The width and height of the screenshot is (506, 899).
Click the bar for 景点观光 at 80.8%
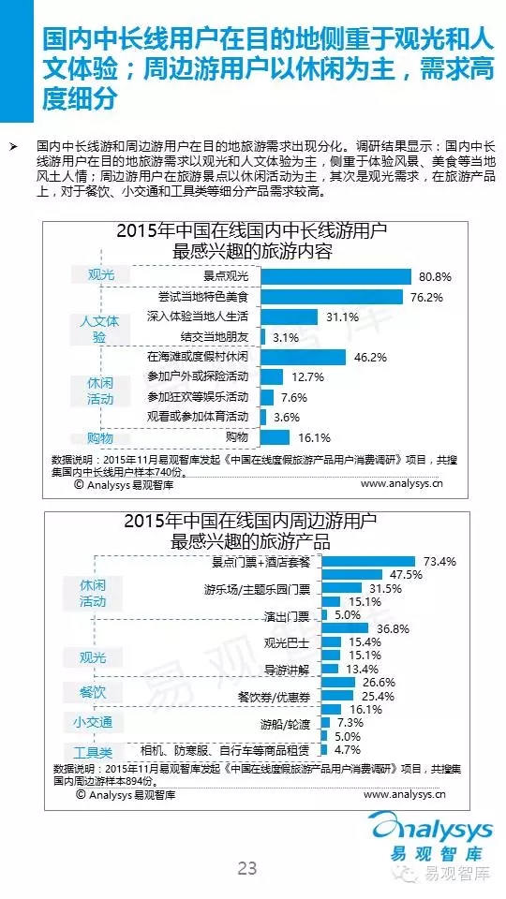coord(336,276)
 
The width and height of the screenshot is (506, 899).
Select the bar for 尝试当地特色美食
coord(332,297)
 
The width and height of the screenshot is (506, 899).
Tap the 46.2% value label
coord(371,357)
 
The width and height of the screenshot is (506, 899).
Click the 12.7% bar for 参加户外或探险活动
coord(272,376)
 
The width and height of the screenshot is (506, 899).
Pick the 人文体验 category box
coord(99,329)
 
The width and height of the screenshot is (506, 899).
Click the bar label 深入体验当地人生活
coord(198,317)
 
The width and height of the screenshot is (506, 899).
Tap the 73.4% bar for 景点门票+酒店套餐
coord(367,561)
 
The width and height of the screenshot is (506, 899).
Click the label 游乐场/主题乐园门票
coord(257,589)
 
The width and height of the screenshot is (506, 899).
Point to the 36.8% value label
coord(393,629)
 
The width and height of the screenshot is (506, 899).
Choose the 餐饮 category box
coord(93,691)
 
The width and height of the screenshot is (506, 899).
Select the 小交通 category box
coord(93,722)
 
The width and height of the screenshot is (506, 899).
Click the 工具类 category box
coord(93,752)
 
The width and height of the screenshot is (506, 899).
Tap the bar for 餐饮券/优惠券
coord(337,696)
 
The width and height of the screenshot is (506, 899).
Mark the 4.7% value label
coord(348,750)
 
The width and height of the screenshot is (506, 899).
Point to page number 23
coord(247,868)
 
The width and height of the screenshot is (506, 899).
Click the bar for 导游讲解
coord(330,669)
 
